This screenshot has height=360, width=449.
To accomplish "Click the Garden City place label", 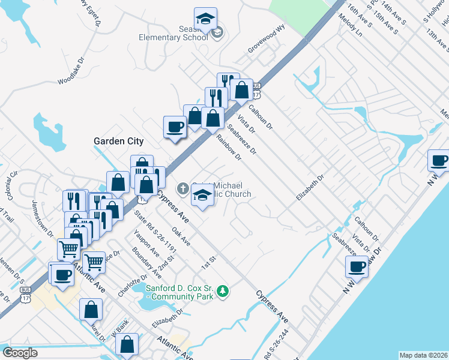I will (x=118, y=141).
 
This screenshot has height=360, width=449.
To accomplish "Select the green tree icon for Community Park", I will (x=223, y=291).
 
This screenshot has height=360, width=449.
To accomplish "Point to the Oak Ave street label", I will (x=181, y=236).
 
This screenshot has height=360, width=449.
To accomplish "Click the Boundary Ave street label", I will (x=146, y=263).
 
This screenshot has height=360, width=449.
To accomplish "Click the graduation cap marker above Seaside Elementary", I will (x=205, y=18).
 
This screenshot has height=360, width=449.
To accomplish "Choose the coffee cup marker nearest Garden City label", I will (x=175, y=127).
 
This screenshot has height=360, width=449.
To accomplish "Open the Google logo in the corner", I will (x=20, y=353).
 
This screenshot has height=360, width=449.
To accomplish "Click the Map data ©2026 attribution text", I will (x=423, y=355).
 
